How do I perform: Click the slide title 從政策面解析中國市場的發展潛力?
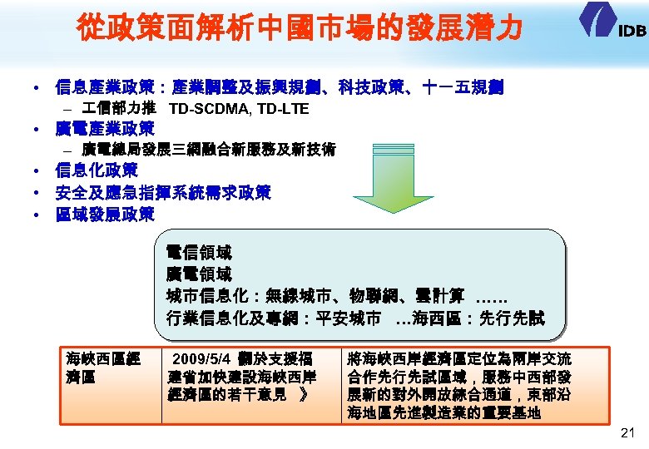click(x=300, y=29)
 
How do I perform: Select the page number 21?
click(x=627, y=433)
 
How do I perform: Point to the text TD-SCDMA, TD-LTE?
click(x=238, y=109)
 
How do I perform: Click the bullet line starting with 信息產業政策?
click(x=279, y=86)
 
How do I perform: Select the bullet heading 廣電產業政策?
click(x=104, y=129)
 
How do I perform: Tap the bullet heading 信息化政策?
click(x=96, y=171)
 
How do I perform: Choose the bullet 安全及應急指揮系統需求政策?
click(x=162, y=193)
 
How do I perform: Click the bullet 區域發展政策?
click(x=104, y=215)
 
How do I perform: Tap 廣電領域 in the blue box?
click(x=199, y=274)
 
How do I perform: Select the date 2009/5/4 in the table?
click(x=196, y=359)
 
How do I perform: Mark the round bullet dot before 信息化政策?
click(x=37, y=172)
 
